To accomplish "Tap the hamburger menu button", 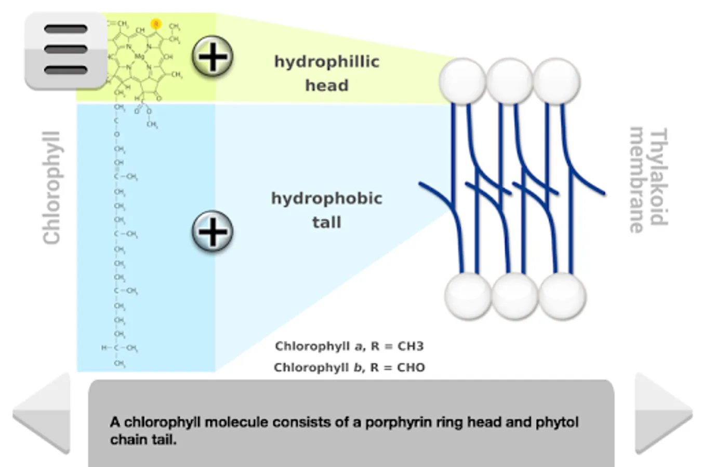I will tap(66, 50).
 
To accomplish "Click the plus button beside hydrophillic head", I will tap(213, 57).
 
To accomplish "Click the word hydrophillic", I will tap(326, 62).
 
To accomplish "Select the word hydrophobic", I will tap(326, 198).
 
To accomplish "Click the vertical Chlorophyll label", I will tap(52, 188).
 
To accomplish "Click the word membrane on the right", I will tap(638, 180).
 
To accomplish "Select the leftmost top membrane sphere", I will tap(462, 81).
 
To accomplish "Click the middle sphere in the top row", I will tap(509, 81).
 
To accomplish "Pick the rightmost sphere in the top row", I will tap(557, 81).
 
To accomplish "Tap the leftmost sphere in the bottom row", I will tap(468, 296).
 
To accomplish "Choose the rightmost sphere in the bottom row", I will tap(562, 296).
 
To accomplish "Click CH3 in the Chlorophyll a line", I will tap(410, 346).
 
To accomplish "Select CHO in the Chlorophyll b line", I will tap(411, 367).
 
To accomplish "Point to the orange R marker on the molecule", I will tap(156, 24).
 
